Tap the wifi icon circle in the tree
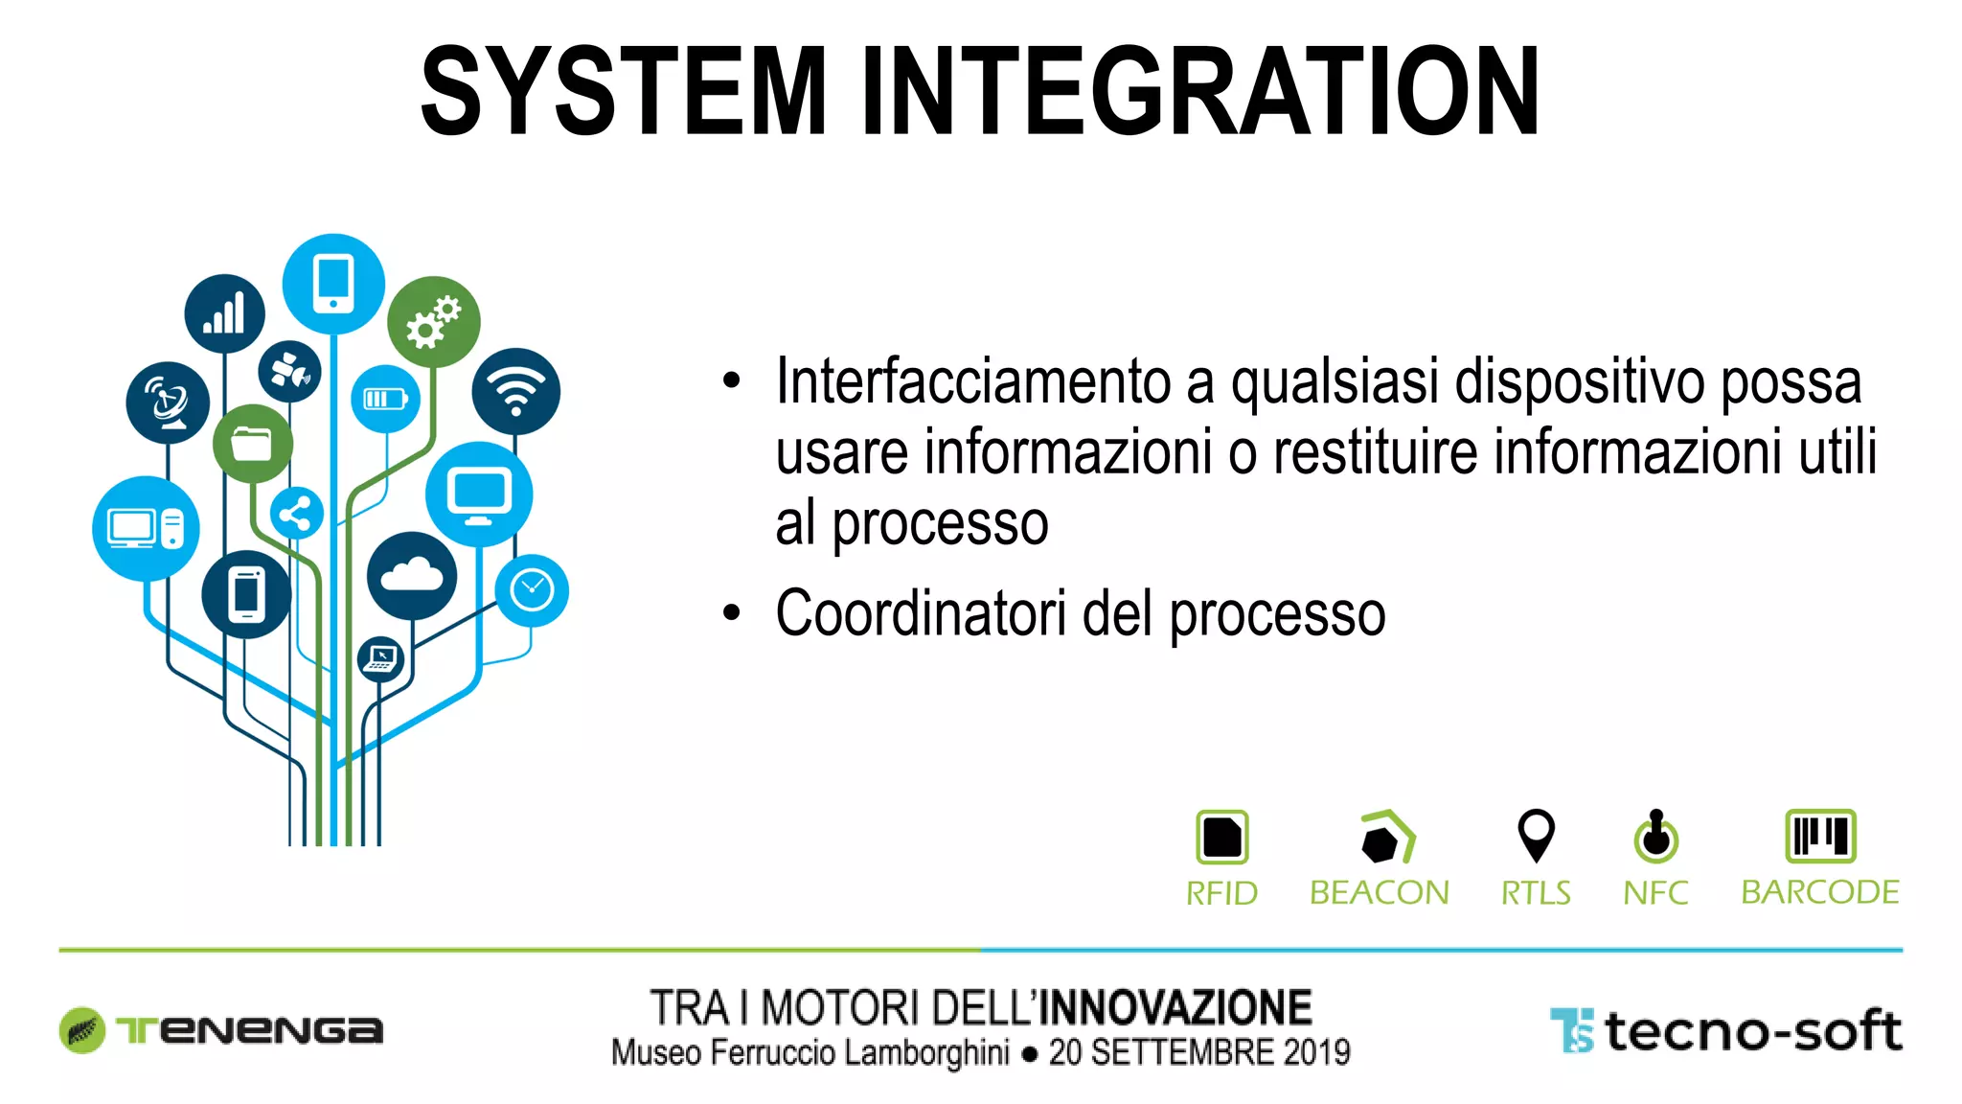515,391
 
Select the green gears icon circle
433,321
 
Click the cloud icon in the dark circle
412,575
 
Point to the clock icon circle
532,590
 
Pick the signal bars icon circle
224,314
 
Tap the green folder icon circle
252,444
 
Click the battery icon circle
385,399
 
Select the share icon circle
296,515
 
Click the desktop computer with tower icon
146,528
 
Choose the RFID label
1221,893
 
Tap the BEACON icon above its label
1386,837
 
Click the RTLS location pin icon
1536,835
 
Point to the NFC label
1655,893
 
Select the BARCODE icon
1820,836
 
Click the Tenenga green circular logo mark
82,1030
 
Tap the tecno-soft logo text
1752,1032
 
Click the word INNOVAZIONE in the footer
1175,1008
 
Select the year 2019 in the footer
1316,1052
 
